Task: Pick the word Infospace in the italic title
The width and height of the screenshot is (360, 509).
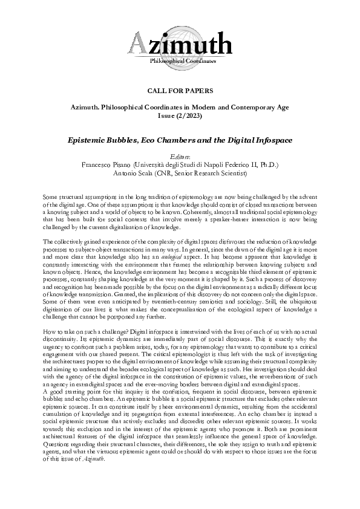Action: [x=266, y=140]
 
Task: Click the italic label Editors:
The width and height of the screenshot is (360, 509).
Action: [x=180, y=155]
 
